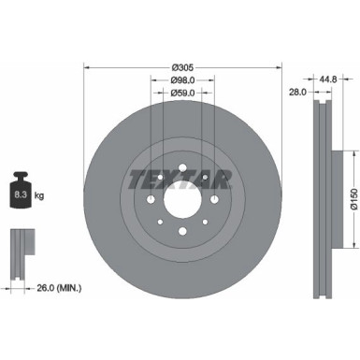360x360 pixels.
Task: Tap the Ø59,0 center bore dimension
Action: [182, 93]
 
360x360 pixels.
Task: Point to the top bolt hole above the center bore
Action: [181, 171]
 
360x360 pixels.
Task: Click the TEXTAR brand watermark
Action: [182, 178]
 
